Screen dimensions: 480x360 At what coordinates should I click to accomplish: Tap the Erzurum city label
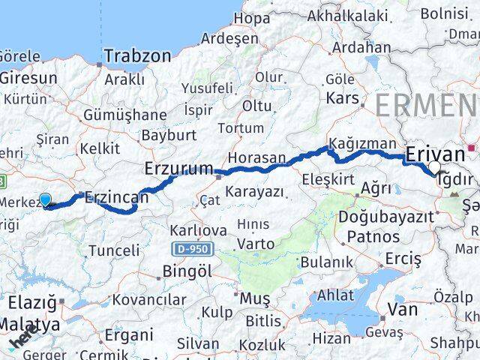179,169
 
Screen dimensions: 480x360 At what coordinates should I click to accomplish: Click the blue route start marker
45,199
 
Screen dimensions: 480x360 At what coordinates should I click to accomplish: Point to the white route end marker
435,168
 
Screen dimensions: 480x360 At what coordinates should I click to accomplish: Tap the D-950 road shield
191,248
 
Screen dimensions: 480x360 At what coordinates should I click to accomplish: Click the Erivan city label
434,154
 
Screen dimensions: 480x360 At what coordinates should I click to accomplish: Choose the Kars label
343,97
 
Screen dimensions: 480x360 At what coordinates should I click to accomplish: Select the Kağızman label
361,144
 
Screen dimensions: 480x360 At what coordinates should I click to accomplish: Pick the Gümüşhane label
125,115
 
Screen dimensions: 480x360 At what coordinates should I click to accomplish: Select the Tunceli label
114,250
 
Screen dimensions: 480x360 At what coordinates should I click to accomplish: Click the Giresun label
28,77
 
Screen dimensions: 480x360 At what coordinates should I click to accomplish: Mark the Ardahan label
361,46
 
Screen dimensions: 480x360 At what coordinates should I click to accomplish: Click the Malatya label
30,325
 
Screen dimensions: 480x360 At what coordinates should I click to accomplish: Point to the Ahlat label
335,294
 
